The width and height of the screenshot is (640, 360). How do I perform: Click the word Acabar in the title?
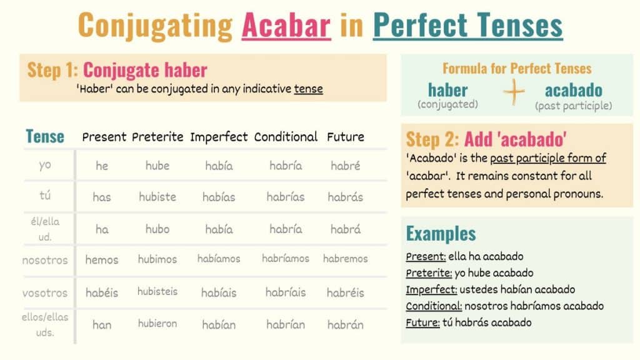286,26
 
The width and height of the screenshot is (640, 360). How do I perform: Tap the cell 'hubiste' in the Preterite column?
157,197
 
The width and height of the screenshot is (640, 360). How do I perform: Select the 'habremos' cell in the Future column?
346,258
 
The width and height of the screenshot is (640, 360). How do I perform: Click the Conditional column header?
286,136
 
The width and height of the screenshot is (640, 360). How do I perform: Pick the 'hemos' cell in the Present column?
102,259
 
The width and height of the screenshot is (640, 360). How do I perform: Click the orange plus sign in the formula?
515,92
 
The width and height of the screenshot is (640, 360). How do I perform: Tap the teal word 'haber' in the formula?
447,89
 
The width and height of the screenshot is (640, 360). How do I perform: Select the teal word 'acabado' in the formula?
573,89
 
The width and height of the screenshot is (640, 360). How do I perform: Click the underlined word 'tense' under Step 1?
308,89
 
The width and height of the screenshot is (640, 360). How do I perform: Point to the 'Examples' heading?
441,234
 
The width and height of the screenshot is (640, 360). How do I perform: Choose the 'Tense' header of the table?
45,136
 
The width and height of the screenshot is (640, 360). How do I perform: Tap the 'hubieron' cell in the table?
157,323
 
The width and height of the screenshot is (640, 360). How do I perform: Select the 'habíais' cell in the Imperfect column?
219,292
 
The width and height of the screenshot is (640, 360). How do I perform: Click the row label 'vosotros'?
44,292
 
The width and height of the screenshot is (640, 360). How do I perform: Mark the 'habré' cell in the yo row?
344,166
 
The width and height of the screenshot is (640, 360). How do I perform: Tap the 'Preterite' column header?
157,136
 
